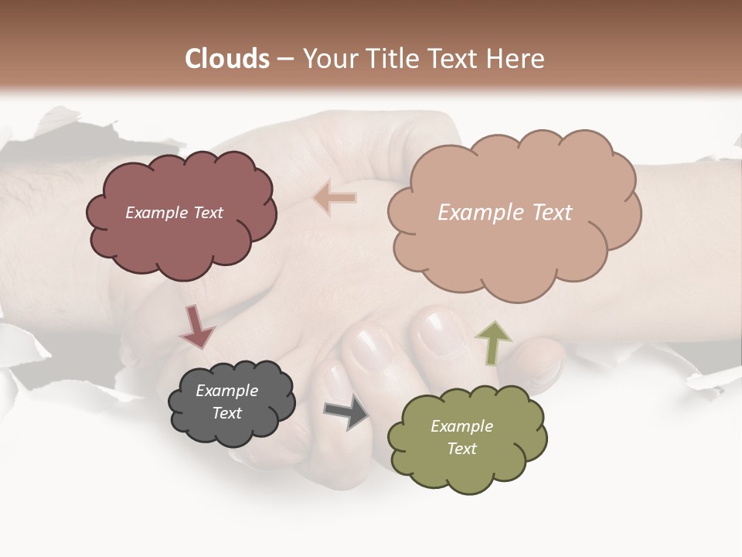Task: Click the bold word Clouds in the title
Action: (226, 59)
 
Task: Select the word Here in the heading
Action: (517, 59)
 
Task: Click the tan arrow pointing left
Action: (335, 197)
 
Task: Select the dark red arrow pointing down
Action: (196, 326)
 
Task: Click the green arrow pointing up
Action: (492, 343)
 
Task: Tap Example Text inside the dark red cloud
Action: (174, 213)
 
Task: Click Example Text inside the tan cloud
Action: (505, 213)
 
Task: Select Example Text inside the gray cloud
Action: (227, 402)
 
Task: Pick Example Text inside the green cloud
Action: (461, 437)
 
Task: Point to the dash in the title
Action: (285, 60)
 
